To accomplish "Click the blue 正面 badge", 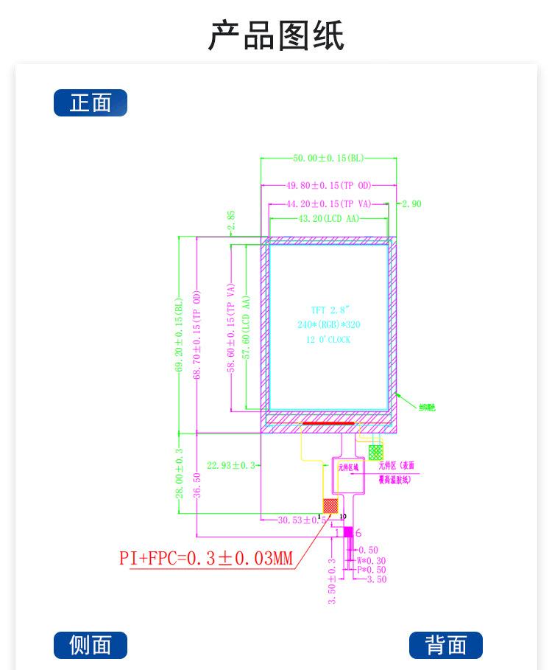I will click(x=91, y=103).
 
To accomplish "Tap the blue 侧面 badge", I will click(x=91, y=645).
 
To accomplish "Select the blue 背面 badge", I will click(x=445, y=645).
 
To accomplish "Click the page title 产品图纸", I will click(x=276, y=35).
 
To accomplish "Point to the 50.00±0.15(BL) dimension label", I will click(x=329, y=158).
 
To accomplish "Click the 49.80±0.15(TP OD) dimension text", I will click(x=329, y=186).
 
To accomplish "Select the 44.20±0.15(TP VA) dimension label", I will click(x=329, y=203).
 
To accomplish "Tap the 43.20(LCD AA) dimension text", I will click(x=329, y=219).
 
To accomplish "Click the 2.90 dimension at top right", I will click(x=411, y=203).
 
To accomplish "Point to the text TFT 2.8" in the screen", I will click(x=328, y=310).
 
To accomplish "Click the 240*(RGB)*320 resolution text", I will click(x=329, y=324).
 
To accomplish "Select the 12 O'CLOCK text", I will click(x=328, y=340).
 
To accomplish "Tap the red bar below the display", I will click(x=328, y=424).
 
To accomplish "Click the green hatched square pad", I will click(x=375, y=452).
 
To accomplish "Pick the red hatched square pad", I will click(x=331, y=506).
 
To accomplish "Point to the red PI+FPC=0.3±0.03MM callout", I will click(x=206, y=558).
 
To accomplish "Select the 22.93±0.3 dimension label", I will click(x=231, y=465).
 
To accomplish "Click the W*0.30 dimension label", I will click(x=371, y=560).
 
